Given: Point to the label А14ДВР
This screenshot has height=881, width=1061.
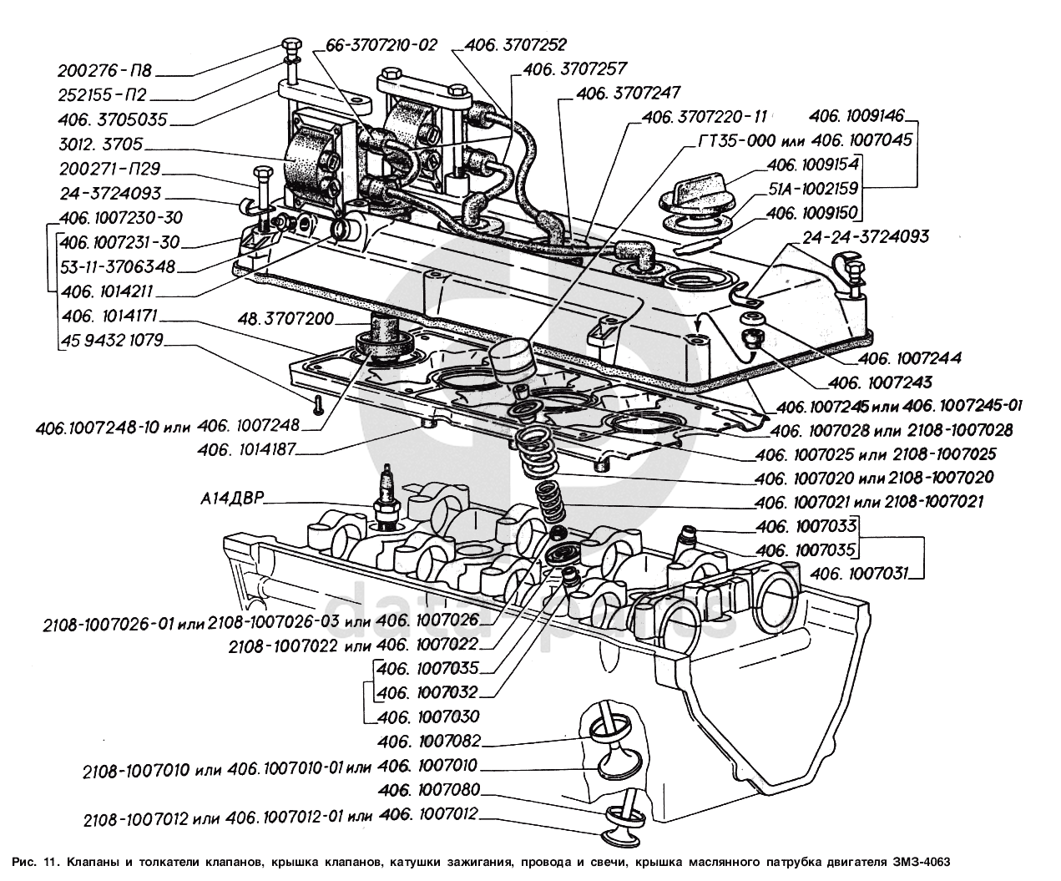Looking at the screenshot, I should [233, 499].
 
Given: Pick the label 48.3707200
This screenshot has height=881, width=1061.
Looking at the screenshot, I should [286, 319].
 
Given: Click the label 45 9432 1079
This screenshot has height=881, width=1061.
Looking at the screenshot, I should [111, 341].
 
